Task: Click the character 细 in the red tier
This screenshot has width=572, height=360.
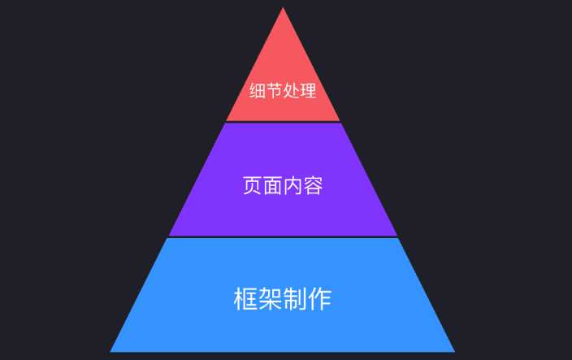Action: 258,90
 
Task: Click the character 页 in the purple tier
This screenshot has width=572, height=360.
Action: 253,185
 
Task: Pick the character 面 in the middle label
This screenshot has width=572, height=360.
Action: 273,185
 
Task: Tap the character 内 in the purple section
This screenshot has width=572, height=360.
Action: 293,185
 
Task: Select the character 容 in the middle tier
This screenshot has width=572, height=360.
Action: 314,185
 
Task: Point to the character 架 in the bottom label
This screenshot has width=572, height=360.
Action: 271,298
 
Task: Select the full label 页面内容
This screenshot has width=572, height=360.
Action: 283,185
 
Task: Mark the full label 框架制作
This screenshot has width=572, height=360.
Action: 283,298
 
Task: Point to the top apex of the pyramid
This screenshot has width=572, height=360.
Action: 283,9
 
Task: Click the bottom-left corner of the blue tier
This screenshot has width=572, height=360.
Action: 111,351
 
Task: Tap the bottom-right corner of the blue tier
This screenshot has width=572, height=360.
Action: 454,351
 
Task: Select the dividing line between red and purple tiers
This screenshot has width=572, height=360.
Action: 283,122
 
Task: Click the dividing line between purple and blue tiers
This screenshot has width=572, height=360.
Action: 283,237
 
